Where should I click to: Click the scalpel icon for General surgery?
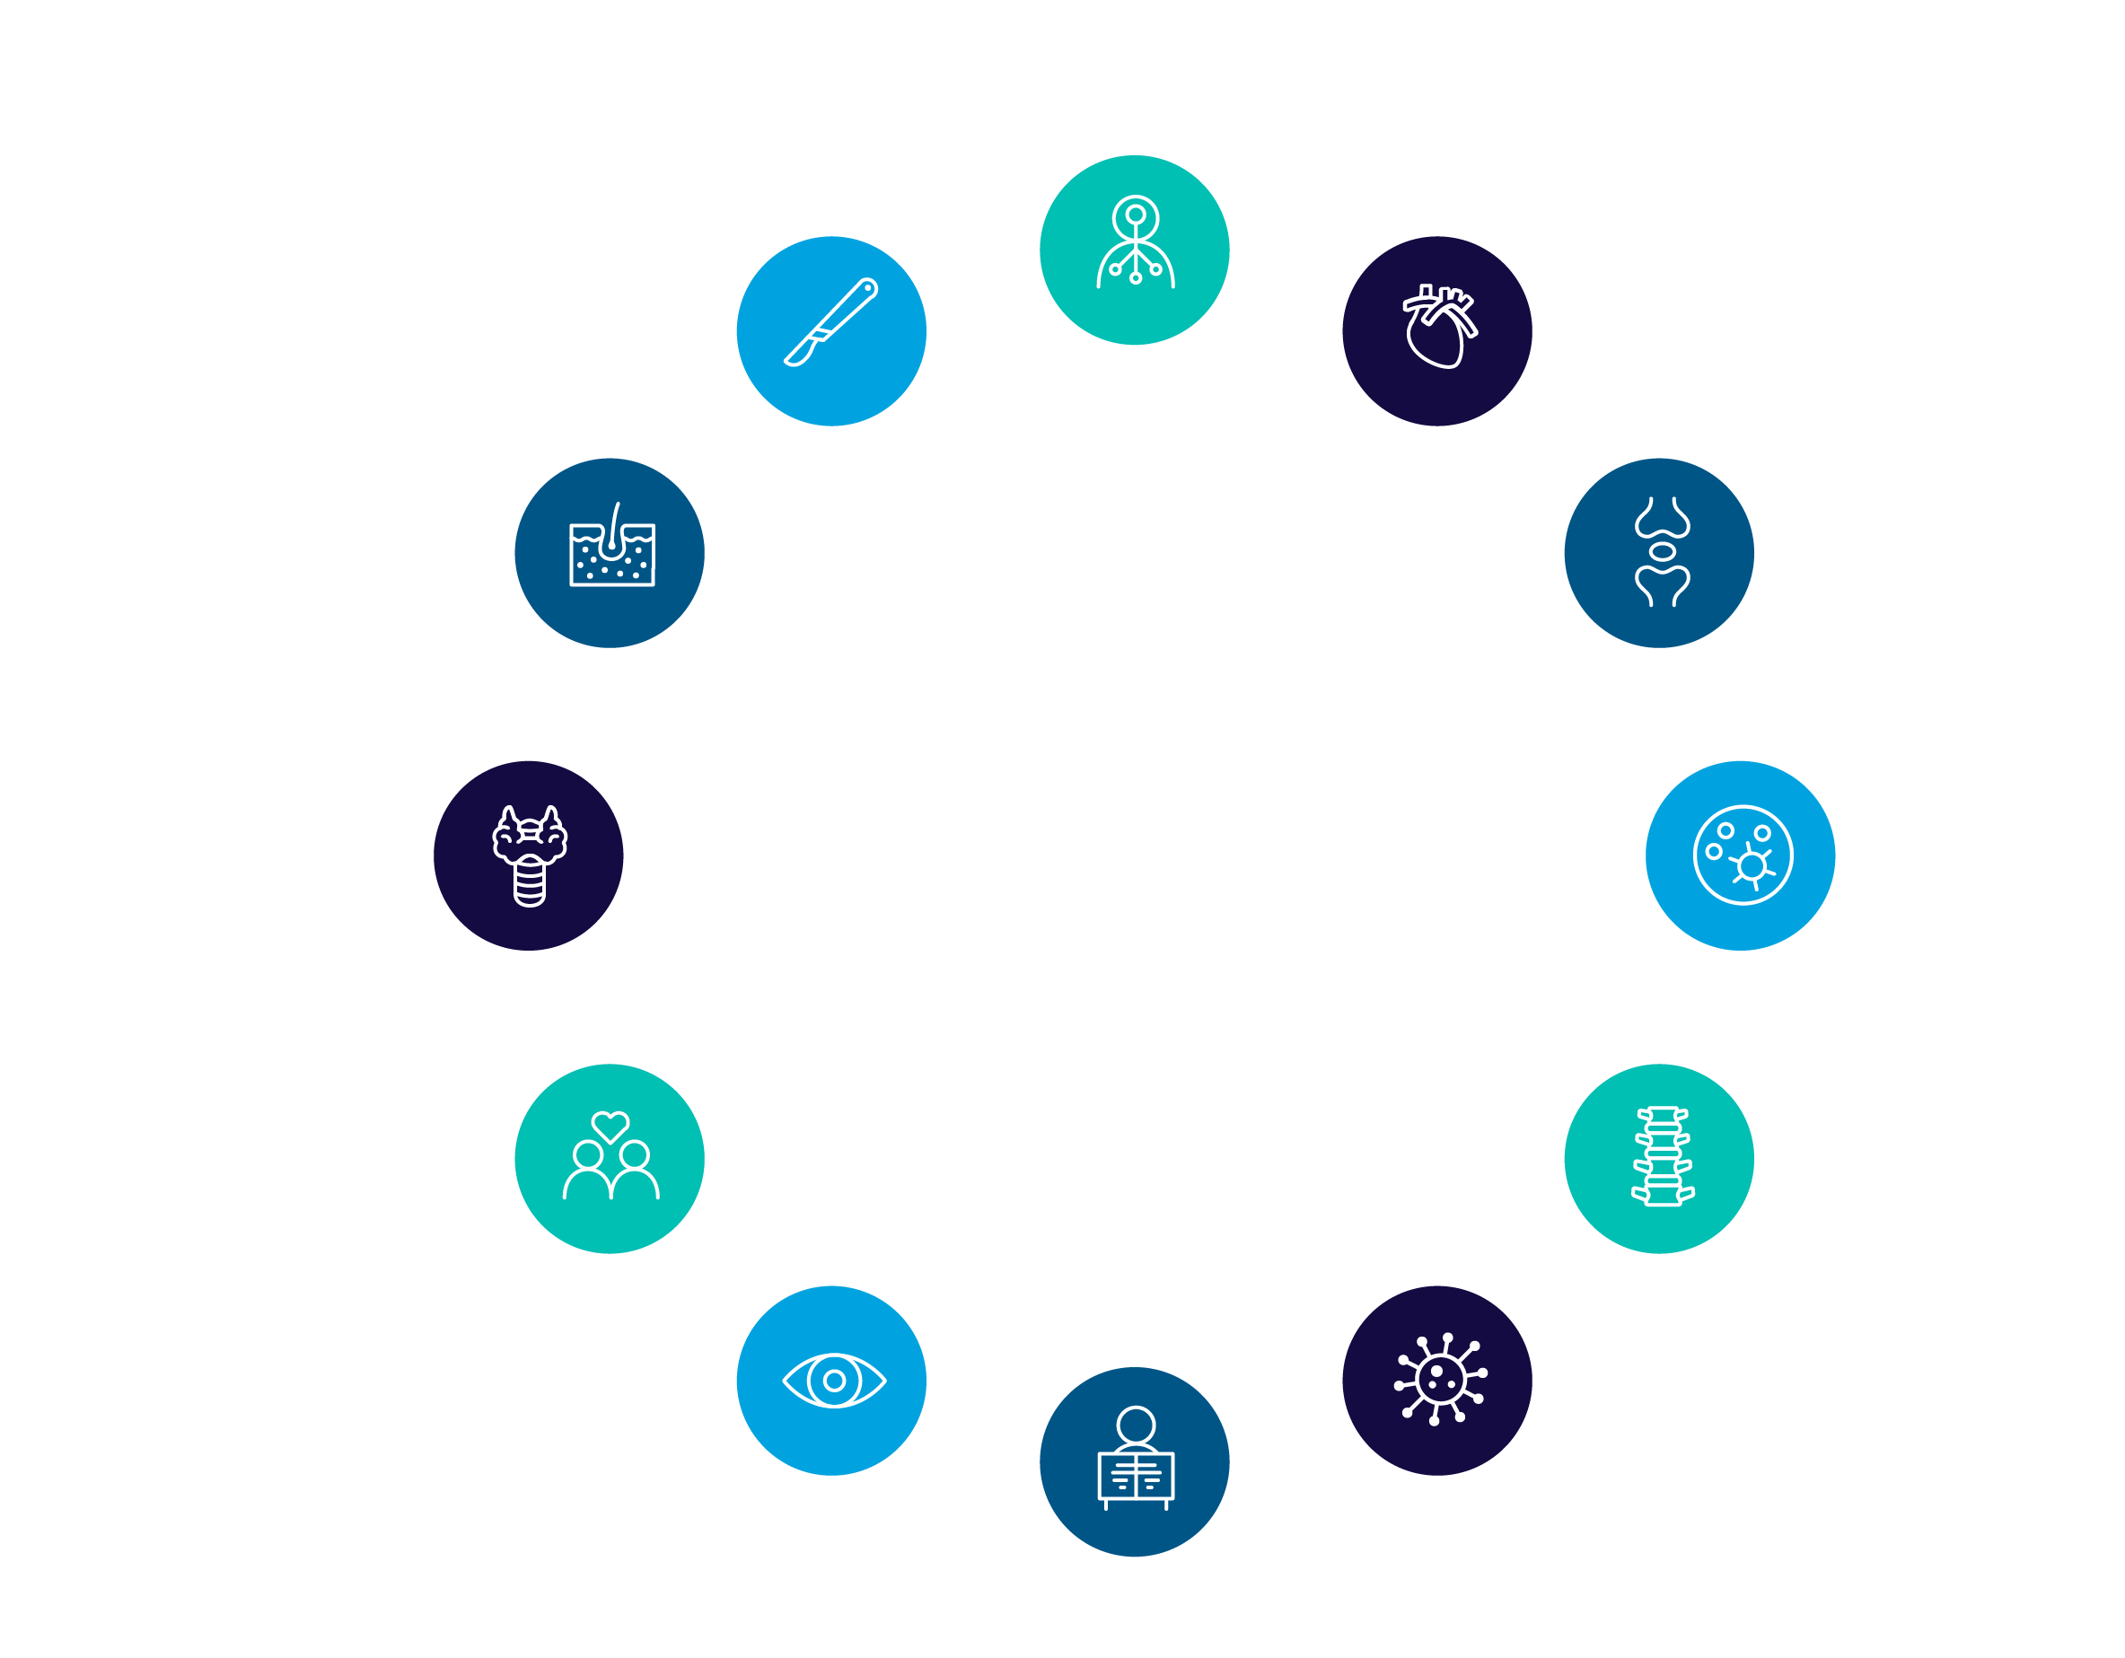click(832, 324)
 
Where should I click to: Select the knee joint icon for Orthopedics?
click(1662, 552)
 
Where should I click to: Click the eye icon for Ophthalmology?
click(834, 1380)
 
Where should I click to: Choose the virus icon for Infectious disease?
click(1439, 1379)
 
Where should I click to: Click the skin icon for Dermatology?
click(612, 548)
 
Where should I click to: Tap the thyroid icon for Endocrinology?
click(530, 855)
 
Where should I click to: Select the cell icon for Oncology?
click(1742, 855)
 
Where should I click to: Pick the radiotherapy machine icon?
click(1136, 1459)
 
